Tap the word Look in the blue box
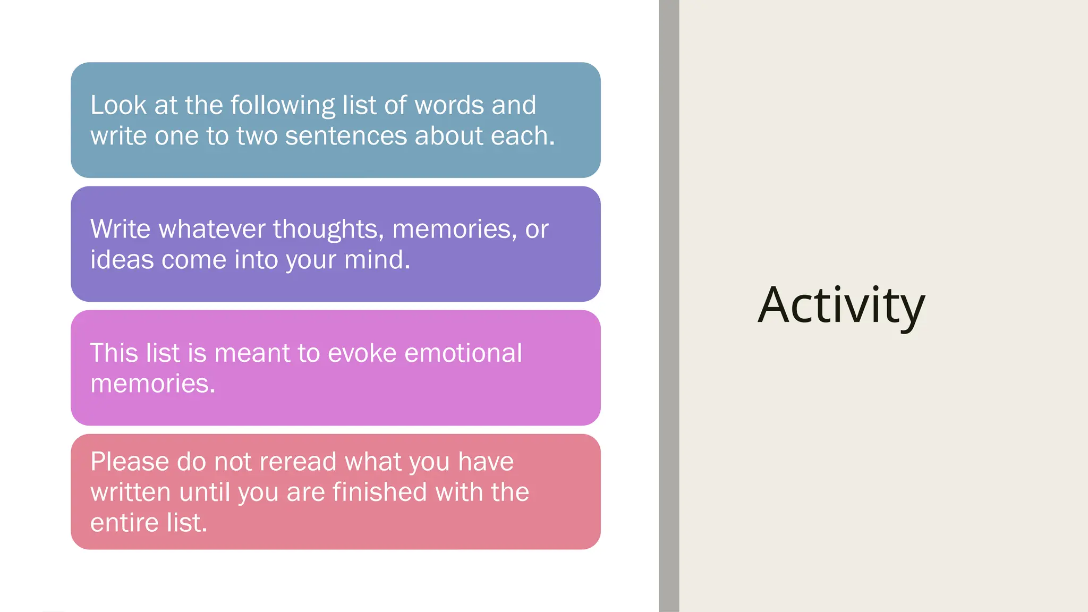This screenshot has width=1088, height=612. pos(118,105)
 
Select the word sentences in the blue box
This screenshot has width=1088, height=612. pos(346,136)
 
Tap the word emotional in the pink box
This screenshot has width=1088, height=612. pos(463,353)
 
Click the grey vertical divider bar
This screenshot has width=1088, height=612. pos(669,306)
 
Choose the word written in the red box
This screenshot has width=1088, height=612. pos(131,492)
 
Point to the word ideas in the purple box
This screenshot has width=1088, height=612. pos(122,260)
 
